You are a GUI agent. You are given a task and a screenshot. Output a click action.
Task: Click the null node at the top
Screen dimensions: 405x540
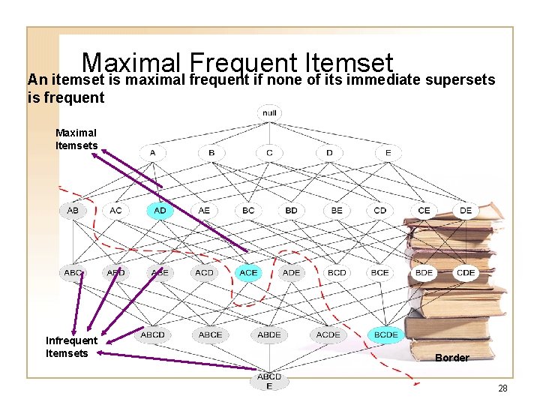point(269,112)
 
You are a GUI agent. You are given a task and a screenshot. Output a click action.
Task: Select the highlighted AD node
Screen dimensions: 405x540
point(160,211)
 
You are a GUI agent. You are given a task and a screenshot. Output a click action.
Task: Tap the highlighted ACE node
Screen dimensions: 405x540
point(248,273)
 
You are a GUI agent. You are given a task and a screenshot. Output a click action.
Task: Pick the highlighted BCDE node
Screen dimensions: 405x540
point(385,334)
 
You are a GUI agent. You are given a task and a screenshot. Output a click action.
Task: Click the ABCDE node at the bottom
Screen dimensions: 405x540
point(269,381)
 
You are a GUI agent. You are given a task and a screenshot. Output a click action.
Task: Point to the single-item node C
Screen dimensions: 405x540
point(269,153)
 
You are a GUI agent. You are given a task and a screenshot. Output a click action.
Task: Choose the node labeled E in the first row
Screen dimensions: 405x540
point(388,153)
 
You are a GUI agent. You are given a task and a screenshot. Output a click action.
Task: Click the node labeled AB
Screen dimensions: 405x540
point(73,211)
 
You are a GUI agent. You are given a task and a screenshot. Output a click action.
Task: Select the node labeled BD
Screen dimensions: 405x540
point(292,211)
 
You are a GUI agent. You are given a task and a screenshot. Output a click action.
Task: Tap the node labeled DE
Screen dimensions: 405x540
point(466,211)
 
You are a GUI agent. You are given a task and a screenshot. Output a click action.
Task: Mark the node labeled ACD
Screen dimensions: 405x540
point(204,273)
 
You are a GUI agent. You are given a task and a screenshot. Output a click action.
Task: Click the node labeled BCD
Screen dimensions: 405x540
point(337,273)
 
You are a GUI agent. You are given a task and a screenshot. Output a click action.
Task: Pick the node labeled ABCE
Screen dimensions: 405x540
point(211,334)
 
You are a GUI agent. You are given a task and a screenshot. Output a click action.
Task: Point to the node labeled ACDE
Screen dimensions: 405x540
point(328,334)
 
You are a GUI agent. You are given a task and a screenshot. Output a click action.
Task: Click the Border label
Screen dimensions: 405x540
point(452,358)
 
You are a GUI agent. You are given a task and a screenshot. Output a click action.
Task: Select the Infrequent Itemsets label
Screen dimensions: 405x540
point(71,347)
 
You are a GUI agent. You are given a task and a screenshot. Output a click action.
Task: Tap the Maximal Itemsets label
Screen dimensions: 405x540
point(76,139)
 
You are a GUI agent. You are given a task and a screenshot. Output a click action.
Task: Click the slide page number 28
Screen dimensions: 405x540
point(502,388)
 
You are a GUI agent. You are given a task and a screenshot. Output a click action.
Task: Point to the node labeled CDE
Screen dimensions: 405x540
point(466,273)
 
